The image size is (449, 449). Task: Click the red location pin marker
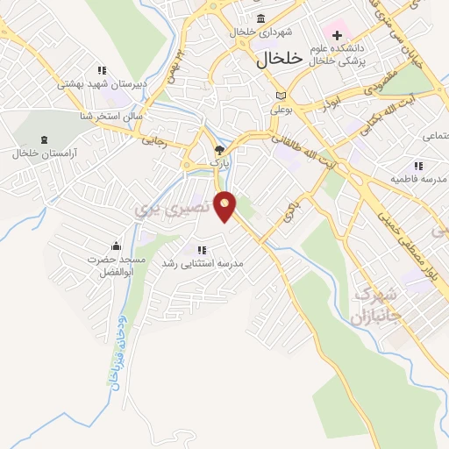pos(226,205)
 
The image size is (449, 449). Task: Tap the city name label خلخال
pos(279,60)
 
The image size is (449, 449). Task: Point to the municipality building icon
pos(260,19)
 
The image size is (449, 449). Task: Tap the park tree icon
pos(219,150)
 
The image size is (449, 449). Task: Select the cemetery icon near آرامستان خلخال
pos(46,140)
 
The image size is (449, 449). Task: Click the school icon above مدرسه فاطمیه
pos(418,165)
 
